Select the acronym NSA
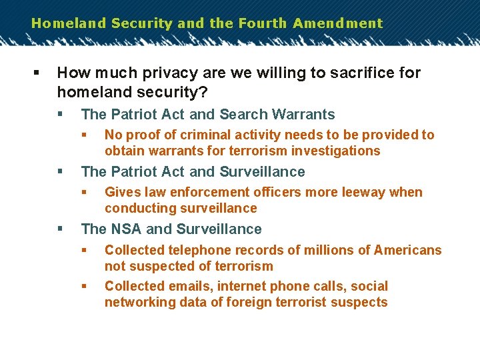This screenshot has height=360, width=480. coord(125,229)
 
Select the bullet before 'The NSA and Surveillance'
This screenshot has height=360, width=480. coord(61,229)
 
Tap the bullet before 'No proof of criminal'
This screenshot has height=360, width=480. coord(85,135)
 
